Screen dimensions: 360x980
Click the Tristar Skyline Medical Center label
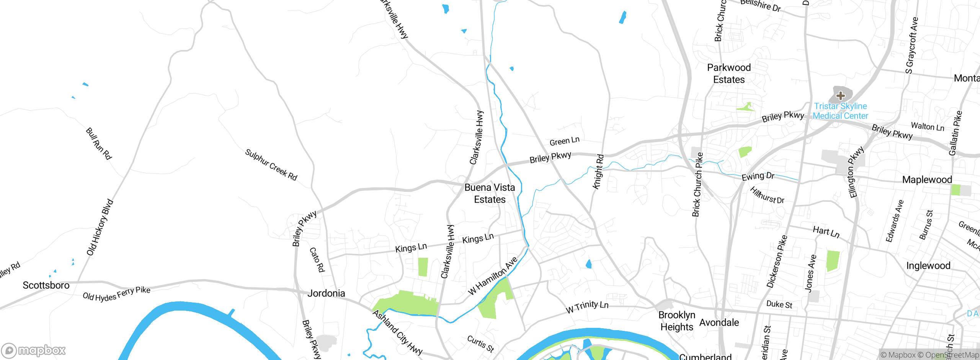coord(840,111)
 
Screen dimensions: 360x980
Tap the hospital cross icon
coord(841,95)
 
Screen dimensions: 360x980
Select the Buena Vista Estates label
coord(490,193)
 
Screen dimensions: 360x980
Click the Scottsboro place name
coord(46,285)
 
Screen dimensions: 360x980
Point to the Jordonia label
coord(326,293)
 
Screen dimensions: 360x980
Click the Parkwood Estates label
coord(729,74)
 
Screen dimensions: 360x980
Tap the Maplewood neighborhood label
coord(927,180)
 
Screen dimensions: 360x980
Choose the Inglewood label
coord(928,266)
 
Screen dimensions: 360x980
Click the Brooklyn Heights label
coord(676,321)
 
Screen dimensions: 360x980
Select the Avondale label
coord(719,322)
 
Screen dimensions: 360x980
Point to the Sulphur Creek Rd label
coord(271,165)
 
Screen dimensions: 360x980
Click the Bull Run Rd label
coord(98,144)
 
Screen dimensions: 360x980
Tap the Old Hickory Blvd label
coord(100,227)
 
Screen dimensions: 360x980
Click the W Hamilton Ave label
coord(493,276)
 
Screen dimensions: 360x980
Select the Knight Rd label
coord(598,172)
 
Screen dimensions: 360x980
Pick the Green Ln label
coord(564,141)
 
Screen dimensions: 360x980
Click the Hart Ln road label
coord(826,232)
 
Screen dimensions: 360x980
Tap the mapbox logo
coord(34,350)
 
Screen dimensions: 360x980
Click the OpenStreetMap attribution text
coord(951,355)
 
